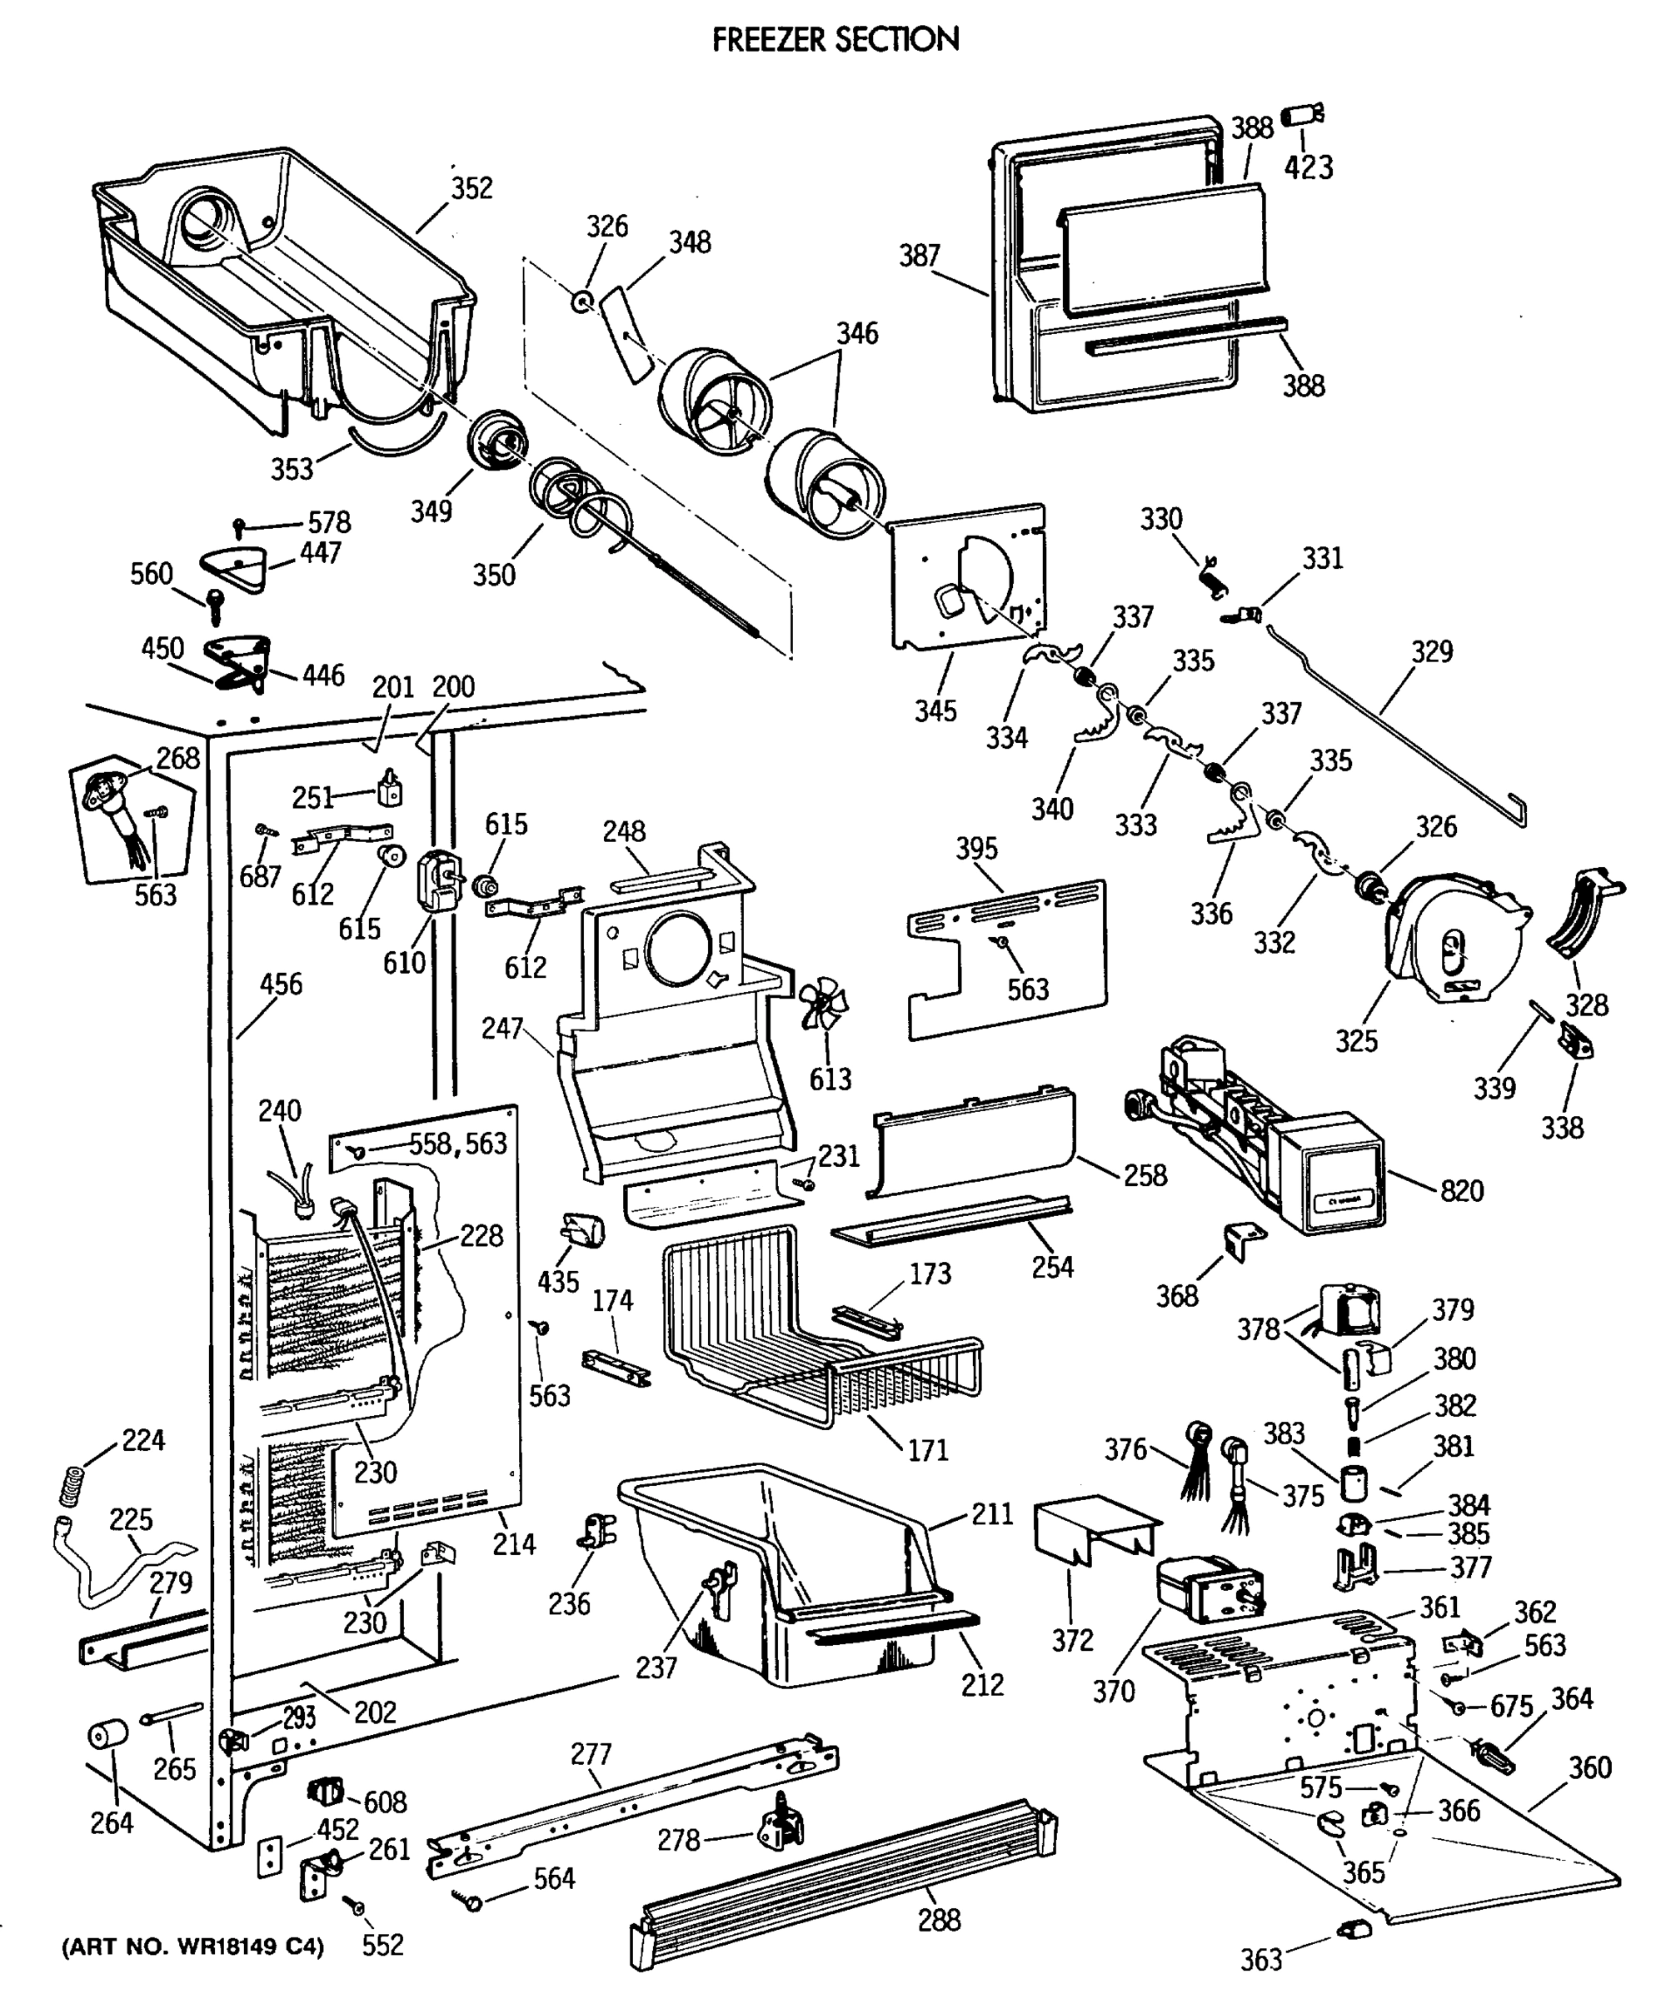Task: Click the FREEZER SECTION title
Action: click(x=835, y=40)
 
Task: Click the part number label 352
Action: click(x=471, y=187)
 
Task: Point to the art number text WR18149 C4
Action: click(x=193, y=1946)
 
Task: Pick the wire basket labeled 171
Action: click(x=819, y=1333)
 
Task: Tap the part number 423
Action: click(x=1308, y=167)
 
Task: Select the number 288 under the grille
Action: click(x=939, y=1919)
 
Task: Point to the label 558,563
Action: click(x=458, y=1144)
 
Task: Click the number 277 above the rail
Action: click(x=591, y=1753)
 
